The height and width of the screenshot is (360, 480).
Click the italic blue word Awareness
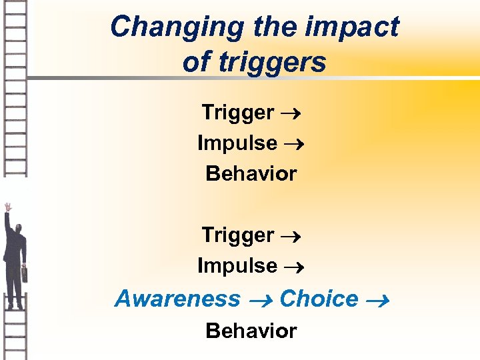pyautogui.click(x=177, y=299)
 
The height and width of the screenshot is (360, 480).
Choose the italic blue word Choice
pyautogui.click(x=319, y=299)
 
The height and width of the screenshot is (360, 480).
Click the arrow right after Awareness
pyautogui.click(x=260, y=301)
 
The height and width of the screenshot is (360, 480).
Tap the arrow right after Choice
pyautogui.click(x=377, y=301)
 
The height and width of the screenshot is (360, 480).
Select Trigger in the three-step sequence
pyautogui.click(x=237, y=113)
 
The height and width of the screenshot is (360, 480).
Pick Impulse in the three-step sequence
pyautogui.click(x=237, y=143)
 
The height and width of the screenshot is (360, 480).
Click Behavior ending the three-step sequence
pyautogui.click(x=251, y=174)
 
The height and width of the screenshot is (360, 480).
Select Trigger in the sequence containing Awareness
pyautogui.click(x=237, y=235)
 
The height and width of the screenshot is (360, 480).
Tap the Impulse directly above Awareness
pyautogui.click(x=237, y=266)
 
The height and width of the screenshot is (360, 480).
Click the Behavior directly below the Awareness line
pyautogui.click(x=251, y=331)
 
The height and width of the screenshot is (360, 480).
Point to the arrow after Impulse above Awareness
pyautogui.click(x=293, y=267)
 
